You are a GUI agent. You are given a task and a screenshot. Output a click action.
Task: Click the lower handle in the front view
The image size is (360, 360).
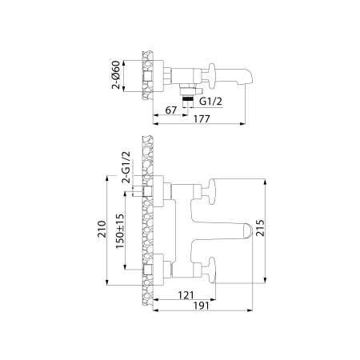pos(214,268)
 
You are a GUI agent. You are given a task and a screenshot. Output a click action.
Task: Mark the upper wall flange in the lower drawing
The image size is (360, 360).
pos(158,189)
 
